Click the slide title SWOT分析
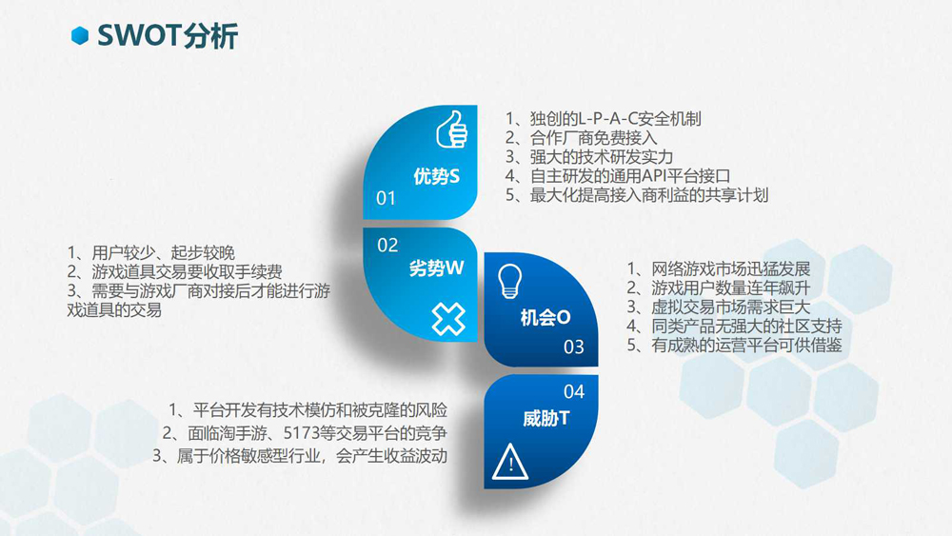pyautogui.click(x=168, y=35)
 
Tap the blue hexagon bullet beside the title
pyautogui.click(x=80, y=36)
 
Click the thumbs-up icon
pyautogui.click(x=451, y=129)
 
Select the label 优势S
pyautogui.click(x=437, y=177)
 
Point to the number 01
pyautogui.click(x=387, y=198)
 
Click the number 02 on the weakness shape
pyautogui.click(x=387, y=246)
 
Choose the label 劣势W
pyautogui.click(x=437, y=268)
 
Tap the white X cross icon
pyautogui.click(x=448, y=319)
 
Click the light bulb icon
pyautogui.click(x=510, y=281)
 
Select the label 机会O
pyautogui.click(x=545, y=317)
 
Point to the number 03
pyautogui.click(x=574, y=347)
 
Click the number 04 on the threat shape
pyautogui.click(x=574, y=391)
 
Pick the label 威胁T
pyautogui.click(x=545, y=418)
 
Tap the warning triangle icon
pyautogui.click(x=510, y=462)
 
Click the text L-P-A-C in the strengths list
pyautogui.click(x=607, y=119)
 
